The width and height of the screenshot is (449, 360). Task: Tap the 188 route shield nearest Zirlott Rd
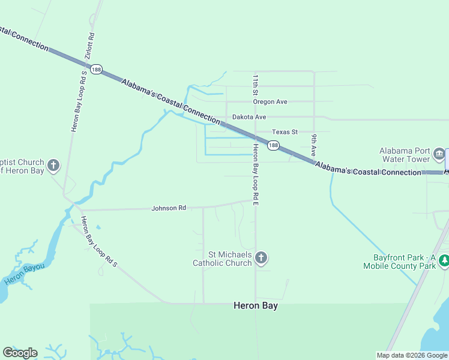pyautogui.click(x=96, y=70)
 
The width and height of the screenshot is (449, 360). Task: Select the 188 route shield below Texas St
pyautogui.click(x=273, y=145)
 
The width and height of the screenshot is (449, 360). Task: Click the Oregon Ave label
pyautogui.click(x=270, y=102)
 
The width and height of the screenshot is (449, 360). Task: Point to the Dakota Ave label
pyautogui.click(x=249, y=117)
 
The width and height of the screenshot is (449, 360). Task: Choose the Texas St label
pyautogui.click(x=285, y=132)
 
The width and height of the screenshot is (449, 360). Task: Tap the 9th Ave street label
pyautogui.click(x=313, y=145)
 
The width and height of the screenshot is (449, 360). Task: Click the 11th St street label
pyautogui.click(x=255, y=85)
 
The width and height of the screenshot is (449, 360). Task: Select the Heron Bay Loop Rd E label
pyautogui.click(x=256, y=175)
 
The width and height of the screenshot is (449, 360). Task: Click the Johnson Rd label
pyautogui.click(x=169, y=208)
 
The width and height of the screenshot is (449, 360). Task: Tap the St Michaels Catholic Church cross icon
pyautogui.click(x=261, y=258)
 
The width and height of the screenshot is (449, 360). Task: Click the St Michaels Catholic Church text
pyautogui.click(x=221, y=259)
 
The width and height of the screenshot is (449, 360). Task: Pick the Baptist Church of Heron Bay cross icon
pyautogui.click(x=53, y=165)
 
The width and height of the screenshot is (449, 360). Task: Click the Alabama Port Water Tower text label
pyautogui.click(x=405, y=155)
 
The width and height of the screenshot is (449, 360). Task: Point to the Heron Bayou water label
pyautogui.click(x=25, y=274)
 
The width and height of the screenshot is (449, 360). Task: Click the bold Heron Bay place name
pyautogui.click(x=256, y=305)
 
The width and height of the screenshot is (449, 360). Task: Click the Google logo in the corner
pyautogui.click(x=20, y=353)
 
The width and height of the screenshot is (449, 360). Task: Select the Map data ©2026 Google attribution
pyautogui.click(x=411, y=355)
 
